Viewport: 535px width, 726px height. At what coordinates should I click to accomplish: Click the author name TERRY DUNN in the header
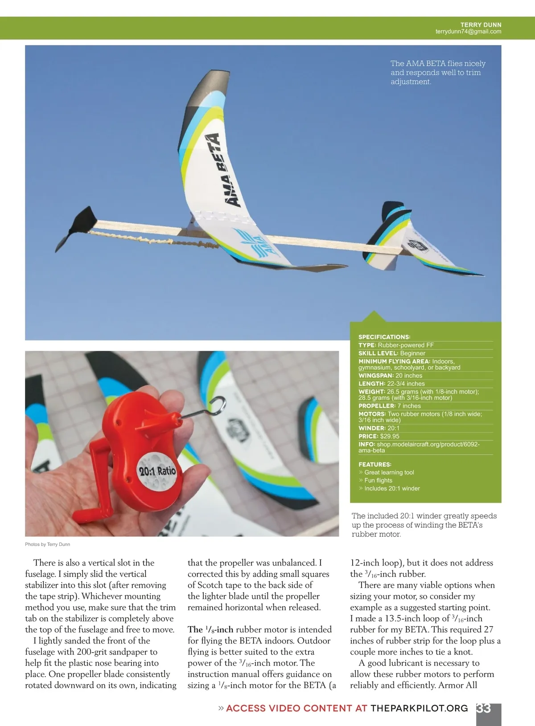pyautogui.click(x=481, y=25)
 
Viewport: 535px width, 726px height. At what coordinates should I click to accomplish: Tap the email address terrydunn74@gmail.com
pyautogui.click(x=468, y=32)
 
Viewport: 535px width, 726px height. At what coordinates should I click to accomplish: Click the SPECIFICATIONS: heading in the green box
pyautogui.click(x=384, y=337)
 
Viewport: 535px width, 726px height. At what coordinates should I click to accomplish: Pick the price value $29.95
pyautogui.click(x=390, y=436)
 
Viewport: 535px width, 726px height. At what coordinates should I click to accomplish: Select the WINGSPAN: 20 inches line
pyautogui.click(x=390, y=376)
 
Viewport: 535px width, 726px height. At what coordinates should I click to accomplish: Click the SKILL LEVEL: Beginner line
pyautogui.click(x=391, y=353)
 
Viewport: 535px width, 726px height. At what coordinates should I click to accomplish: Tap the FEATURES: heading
pyautogui.click(x=375, y=464)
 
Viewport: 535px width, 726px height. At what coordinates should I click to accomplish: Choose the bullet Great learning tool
pyautogui.click(x=389, y=472)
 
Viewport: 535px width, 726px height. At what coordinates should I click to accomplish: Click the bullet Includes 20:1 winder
pyautogui.click(x=391, y=488)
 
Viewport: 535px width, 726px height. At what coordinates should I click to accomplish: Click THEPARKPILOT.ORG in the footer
pyautogui.click(x=419, y=708)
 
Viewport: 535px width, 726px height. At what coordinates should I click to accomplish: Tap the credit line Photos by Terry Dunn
pyautogui.click(x=47, y=544)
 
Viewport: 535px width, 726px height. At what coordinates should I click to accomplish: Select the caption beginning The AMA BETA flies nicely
pyautogui.click(x=437, y=73)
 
